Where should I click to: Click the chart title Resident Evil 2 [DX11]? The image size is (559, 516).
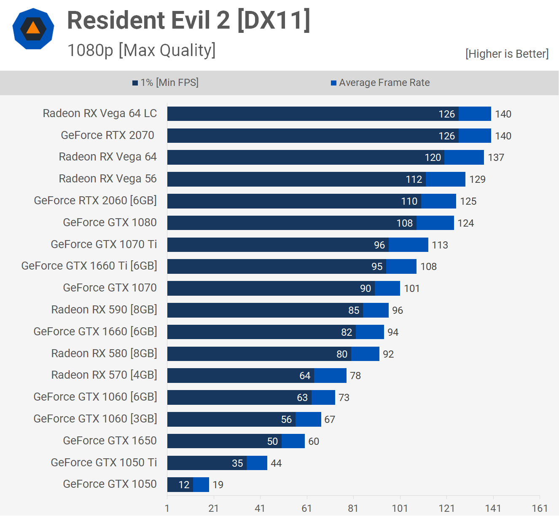(188, 20)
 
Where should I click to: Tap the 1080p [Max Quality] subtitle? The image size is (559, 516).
(141, 50)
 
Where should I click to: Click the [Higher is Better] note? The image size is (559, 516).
(507, 54)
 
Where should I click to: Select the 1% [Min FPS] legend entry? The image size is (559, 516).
(165, 83)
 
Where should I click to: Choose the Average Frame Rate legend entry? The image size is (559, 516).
(380, 83)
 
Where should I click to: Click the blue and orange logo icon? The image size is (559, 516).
(33, 29)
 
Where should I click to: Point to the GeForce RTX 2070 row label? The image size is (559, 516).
(107, 135)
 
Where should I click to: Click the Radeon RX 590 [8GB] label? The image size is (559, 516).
(104, 310)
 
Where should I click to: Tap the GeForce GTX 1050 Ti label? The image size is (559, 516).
(104, 463)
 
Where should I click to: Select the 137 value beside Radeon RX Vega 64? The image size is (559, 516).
(496, 158)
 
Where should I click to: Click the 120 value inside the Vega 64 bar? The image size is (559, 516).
(433, 158)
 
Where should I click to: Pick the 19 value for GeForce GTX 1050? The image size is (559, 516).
(218, 485)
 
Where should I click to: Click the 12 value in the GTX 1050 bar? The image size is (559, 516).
(184, 485)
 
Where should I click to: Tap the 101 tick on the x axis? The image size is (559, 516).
(400, 508)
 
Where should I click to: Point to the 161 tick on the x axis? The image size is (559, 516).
(540, 508)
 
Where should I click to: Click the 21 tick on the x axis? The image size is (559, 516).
(214, 508)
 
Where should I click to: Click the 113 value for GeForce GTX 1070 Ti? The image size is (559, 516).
(440, 245)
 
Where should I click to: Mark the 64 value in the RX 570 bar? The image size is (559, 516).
(305, 376)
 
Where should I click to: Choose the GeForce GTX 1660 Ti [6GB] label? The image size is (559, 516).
(89, 266)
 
